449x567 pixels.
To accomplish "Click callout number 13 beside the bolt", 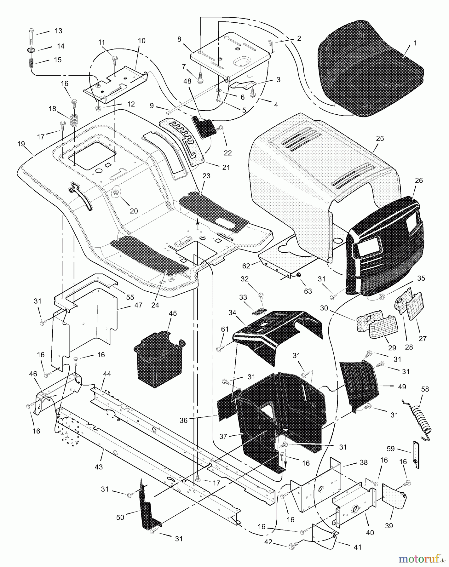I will click(x=58, y=31).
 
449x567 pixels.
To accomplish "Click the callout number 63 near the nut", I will click(x=308, y=291).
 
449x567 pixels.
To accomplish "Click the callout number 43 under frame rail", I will click(x=99, y=467).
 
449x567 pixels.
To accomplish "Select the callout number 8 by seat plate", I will click(x=179, y=39).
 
